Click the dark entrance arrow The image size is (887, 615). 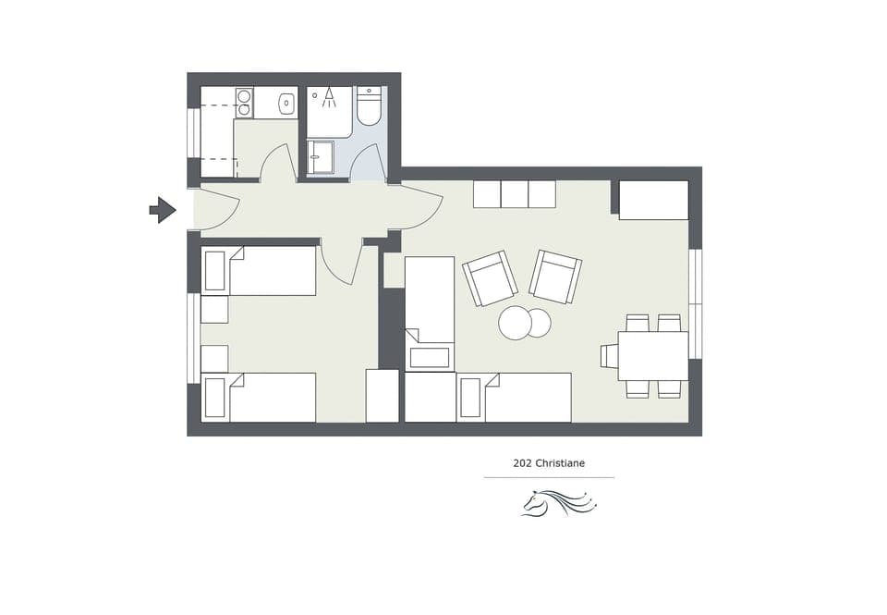pyautogui.click(x=163, y=210)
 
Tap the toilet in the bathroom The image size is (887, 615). pyautogui.click(x=370, y=107)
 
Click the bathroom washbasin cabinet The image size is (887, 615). pyautogui.click(x=321, y=156)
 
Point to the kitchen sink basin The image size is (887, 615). pyautogui.click(x=286, y=104)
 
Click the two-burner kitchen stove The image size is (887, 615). pyautogui.click(x=244, y=103)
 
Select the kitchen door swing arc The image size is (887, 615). pyautogui.click(x=277, y=163)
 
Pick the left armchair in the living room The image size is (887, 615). pyautogui.click(x=490, y=278)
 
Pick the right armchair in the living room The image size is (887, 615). pyautogui.click(x=554, y=277)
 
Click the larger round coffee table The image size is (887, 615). pyautogui.click(x=515, y=323)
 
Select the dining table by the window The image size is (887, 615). pyautogui.click(x=653, y=356)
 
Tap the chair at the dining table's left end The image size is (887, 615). pyautogui.click(x=609, y=356)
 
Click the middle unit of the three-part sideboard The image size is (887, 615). pyautogui.click(x=514, y=194)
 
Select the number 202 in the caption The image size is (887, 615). pyautogui.click(x=522, y=463)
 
